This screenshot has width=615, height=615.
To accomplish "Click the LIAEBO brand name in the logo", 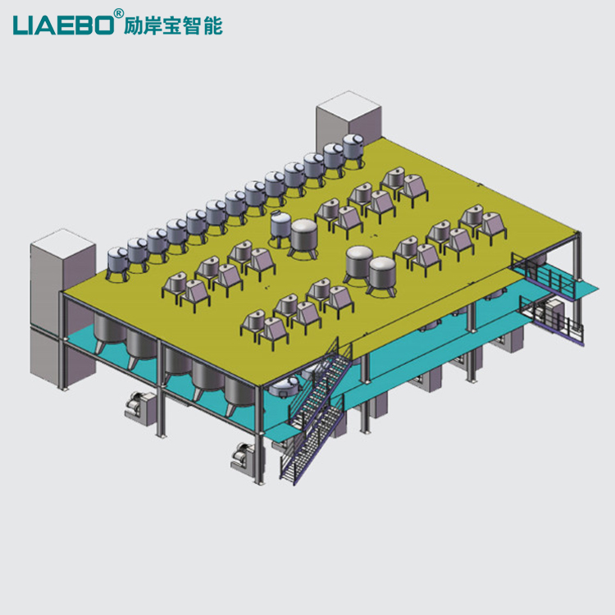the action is tap(63, 25).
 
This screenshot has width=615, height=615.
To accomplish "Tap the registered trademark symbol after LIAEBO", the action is tap(118, 14).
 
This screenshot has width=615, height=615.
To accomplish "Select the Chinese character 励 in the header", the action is tap(133, 26).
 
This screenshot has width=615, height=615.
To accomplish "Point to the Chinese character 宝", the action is tap(172, 26).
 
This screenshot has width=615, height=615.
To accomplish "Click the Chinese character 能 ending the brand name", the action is tap(213, 26).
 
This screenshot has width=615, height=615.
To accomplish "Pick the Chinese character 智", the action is tap(193, 26).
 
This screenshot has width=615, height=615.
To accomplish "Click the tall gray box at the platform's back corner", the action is tap(348, 116).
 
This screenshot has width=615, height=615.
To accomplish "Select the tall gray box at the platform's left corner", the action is tap(63, 306).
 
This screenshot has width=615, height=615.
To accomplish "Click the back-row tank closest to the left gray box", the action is tap(117, 262).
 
